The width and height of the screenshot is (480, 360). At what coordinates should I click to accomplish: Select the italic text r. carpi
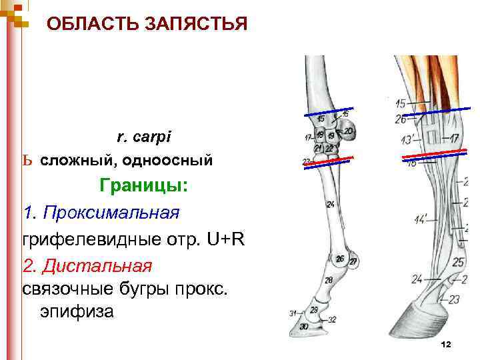pyautogui.click(x=144, y=137)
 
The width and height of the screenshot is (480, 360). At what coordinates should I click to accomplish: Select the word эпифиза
pyautogui.click(x=77, y=311)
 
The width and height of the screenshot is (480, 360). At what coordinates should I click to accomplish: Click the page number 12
pyautogui.click(x=446, y=344)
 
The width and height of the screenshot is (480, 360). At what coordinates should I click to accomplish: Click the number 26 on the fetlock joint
pyautogui.click(x=340, y=259)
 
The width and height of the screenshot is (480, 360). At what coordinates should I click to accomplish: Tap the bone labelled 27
pyautogui.click(x=353, y=261)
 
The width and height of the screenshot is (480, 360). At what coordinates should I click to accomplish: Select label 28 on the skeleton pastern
pyautogui.click(x=328, y=281)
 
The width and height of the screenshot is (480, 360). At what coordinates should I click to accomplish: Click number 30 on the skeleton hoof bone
pyautogui.click(x=304, y=327)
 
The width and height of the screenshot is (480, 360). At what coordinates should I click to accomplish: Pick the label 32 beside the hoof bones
pyautogui.click(x=331, y=320)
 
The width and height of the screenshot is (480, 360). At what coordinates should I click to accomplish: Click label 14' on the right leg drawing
pyautogui.click(x=421, y=219)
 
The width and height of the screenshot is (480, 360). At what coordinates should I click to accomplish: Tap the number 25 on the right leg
pyautogui.click(x=458, y=263)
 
